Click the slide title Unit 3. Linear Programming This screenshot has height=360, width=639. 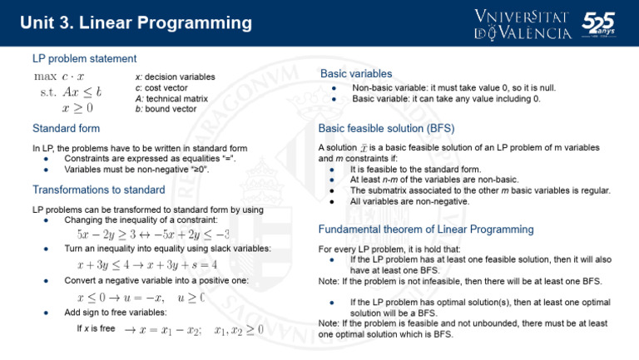pos(136,22)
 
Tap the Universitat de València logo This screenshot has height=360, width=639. pos(523,25)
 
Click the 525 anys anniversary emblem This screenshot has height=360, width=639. pos(599,24)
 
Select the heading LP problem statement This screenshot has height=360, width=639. pos(84,59)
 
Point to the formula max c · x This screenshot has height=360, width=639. pos(59,76)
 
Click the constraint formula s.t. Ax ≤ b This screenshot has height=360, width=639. pos(71,92)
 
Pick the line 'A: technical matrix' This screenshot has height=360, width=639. pos(171,99)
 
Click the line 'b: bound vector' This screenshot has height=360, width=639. pos(166,109)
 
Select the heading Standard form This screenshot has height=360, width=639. pos(66,129)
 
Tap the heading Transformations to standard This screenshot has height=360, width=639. pos(99,190)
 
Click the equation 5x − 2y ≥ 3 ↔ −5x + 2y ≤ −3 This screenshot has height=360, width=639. pos(153,234)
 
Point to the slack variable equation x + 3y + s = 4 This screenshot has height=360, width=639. pos(181,265)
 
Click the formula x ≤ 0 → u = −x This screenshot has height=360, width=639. pos(121,298)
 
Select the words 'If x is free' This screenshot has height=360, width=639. pos(96,328)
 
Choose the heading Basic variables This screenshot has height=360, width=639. pos(356,74)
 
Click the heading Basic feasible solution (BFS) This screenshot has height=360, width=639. pos(386,129)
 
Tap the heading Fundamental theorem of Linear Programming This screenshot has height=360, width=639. pos(426,229)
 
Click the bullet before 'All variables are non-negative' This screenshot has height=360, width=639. pos(332,201)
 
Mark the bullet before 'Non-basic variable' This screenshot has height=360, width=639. pos(334,88)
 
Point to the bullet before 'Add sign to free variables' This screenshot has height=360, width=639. pos(46,313)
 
